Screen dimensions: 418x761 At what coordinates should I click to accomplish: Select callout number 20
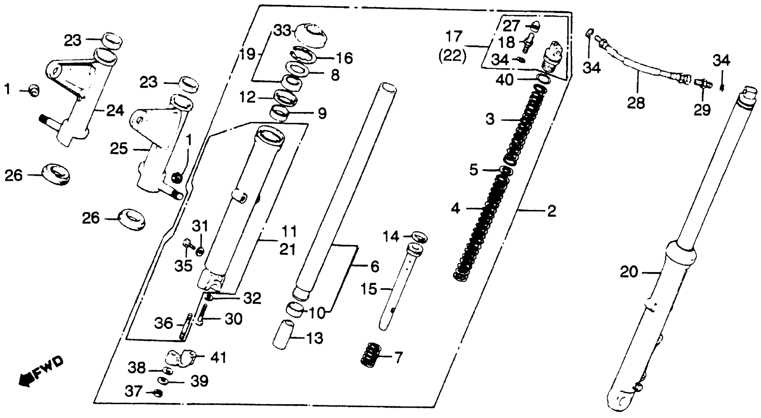(629, 272)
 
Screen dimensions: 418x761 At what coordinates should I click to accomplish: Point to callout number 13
(315, 338)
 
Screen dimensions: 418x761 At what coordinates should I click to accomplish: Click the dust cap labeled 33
(311, 35)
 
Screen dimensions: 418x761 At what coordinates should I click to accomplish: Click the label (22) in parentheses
(452, 56)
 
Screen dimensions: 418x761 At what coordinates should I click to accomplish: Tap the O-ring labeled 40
(543, 79)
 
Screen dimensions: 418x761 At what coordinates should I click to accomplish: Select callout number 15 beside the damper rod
(369, 289)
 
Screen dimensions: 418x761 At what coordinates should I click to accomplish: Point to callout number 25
(119, 149)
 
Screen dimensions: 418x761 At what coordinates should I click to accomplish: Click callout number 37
(133, 391)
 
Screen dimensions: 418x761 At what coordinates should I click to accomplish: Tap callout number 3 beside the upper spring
(490, 120)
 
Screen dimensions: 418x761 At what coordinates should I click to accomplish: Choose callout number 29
(702, 110)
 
